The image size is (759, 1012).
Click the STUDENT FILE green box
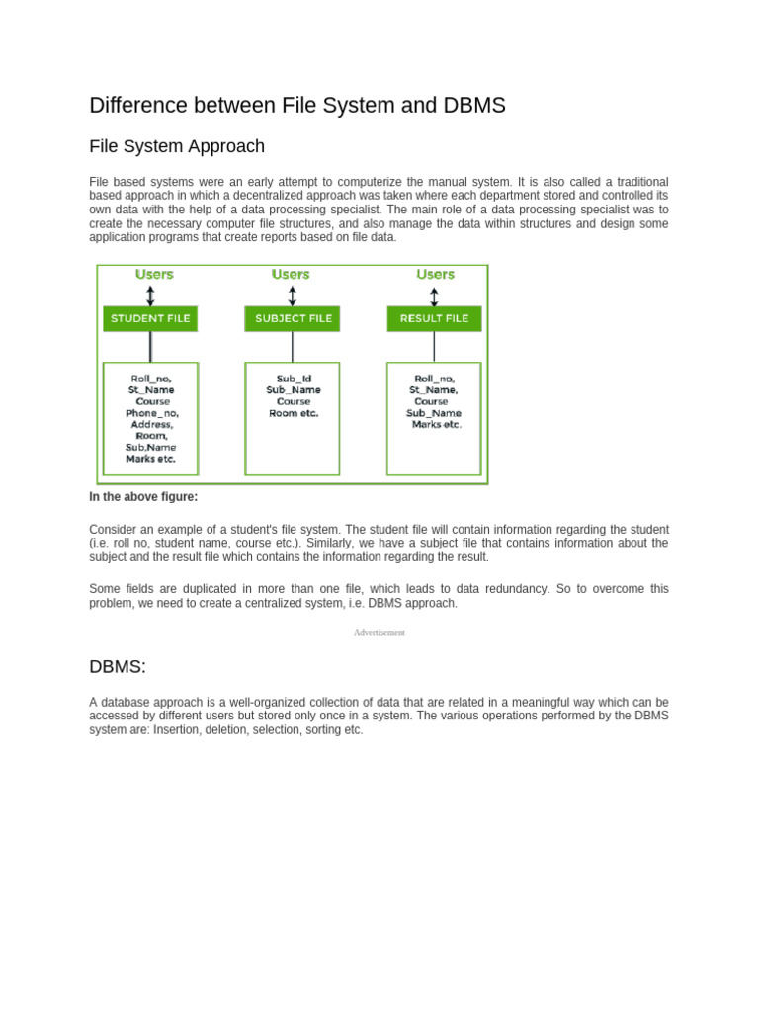click(x=150, y=318)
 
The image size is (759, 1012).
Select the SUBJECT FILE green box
click(x=293, y=318)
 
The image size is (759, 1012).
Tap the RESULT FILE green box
click(x=434, y=318)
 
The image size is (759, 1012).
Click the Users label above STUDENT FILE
click(x=154, y=274)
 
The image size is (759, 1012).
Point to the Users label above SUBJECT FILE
click(x=291, y=274)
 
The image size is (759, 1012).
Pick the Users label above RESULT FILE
click(x=435, y=274)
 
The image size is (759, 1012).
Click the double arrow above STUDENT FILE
click(x=150, y=295)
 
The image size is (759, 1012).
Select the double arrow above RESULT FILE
click(x=434, y=295)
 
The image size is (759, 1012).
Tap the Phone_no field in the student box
click(x=152, y=413)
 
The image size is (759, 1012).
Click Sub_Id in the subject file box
click(x=294, y=379)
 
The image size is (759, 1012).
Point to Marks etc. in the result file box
click(x=437, y=424)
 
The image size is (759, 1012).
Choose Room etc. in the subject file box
click(x=294, y=413)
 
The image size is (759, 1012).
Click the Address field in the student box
click(x=152, y=424)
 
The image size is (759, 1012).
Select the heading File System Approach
click(x=177, y=146)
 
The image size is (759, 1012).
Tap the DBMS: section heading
click(x=118, y=666)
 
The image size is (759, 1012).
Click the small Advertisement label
click(x=379, y=632)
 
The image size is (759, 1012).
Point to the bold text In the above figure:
click(x=143, y=497)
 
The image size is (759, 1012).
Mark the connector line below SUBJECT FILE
click(x=293, y=346)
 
